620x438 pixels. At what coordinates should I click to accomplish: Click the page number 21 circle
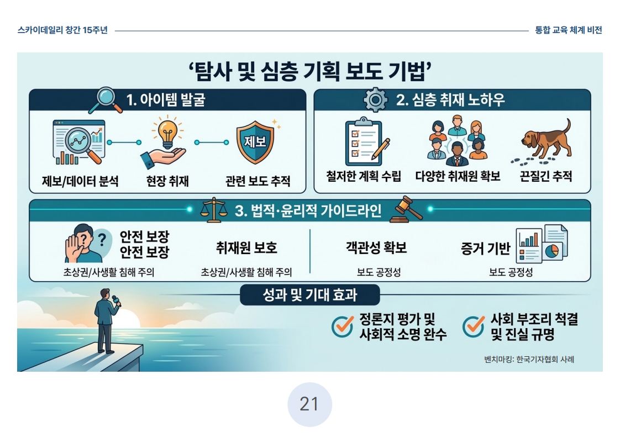(x=309, y=404)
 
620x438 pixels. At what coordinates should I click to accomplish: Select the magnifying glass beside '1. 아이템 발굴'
(x=105, y=100)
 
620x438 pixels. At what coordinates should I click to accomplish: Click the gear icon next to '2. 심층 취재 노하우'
(x=375, y=99)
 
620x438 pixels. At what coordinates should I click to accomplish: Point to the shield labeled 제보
(x=255, y=142)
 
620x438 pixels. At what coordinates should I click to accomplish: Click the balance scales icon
(x=213, y=210)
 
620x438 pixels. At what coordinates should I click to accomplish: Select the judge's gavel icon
(x=406, y=209)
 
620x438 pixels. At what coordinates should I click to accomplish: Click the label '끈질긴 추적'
(x=546, y=176)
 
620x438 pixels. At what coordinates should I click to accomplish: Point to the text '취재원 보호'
(x=246, y=247)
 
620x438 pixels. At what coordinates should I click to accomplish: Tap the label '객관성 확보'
(x=376, y=247)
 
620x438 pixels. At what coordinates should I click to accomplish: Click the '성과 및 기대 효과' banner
(x=310, y=295)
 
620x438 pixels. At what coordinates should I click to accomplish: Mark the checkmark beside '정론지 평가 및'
(x=343, y=326)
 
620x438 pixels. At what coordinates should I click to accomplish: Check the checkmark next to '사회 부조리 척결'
(x=474, y=326)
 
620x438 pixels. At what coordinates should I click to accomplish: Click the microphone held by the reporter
(x=116, y=301)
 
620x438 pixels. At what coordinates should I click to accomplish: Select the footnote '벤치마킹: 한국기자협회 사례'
(x=529, y=360)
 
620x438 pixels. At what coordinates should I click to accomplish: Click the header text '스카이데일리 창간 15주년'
(x=62, y=30)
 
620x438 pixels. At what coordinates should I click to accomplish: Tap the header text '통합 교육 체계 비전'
(x=569, y=30)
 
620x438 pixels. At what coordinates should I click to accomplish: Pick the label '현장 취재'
(x=167, y=181)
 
